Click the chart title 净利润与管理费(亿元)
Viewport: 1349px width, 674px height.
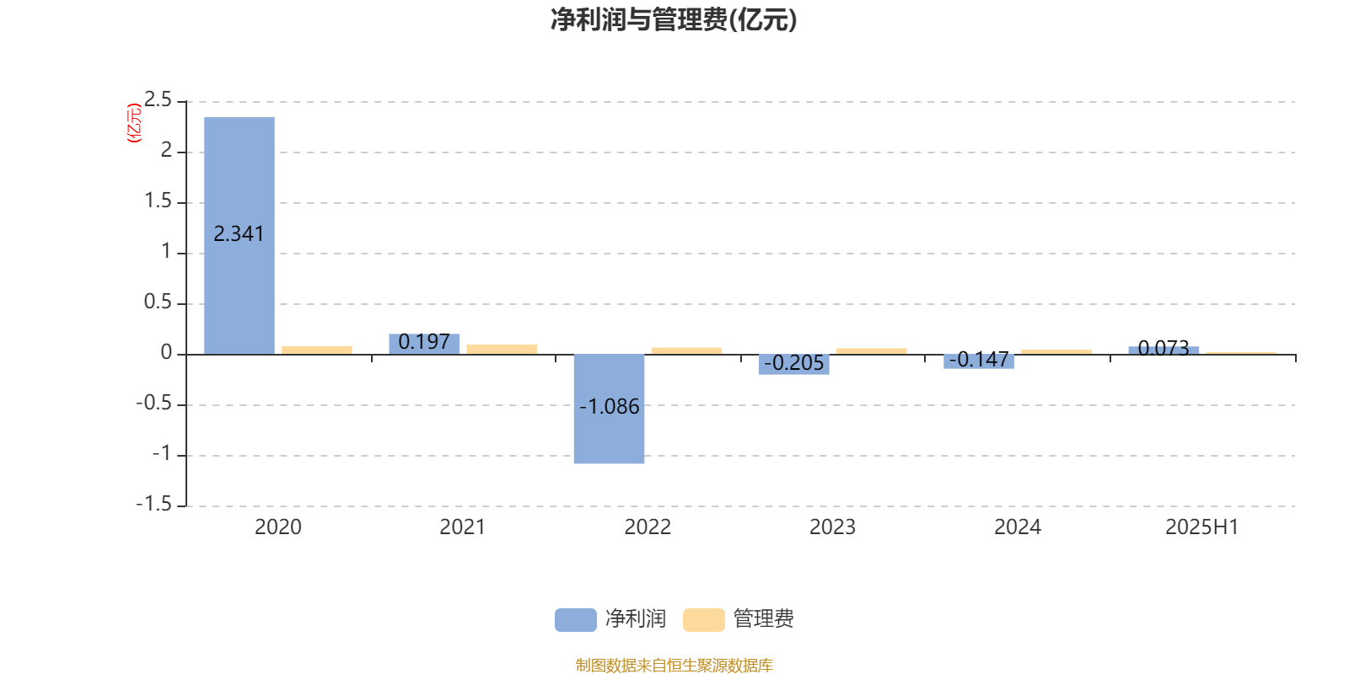pyautogui.click(x=674, y=20)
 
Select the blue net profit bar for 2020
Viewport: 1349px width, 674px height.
pyautogui.click(x=239, y=235)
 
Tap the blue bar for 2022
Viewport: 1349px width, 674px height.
pyautogui.click(x=609, y=409)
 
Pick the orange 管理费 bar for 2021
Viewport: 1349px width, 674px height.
pyautogui.click(x=502, y=349)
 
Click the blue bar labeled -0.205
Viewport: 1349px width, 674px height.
pyautogui.click(x=793, y=364)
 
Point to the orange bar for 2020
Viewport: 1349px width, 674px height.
pyautogui.click(x=317, y=350)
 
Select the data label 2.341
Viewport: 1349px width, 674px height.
pyautogui.click(x=239, y=233)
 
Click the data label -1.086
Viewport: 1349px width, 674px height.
pyautogui.click(x=609, y=407)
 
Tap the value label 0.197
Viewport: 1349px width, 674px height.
pyautogui.click(x=424, y=342)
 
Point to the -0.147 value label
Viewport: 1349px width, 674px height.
pyautogui.click(x=979, y=360)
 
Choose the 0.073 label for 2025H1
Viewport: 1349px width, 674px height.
pyautogui.click(x=1164, y=348)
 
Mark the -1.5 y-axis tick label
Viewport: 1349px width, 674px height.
pyautogui.click(x=154, y=504)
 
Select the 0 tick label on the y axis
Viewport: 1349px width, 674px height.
pyautogui.click(x=166, y=353)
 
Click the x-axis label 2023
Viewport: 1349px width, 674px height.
pyautogui.click(x=832, y=527)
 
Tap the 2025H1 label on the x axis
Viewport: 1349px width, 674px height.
pyautogui.click(x=1202, y=527)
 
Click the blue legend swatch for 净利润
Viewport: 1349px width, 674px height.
pyautogui.click(x=575, y=620)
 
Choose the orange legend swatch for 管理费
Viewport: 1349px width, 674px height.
pyautogui.click(x=703, y=620)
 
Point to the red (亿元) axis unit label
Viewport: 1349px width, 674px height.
pyautogui.click(x=134, y=123)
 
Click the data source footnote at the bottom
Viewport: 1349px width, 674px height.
pyautogui.click(x=674, y=665)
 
